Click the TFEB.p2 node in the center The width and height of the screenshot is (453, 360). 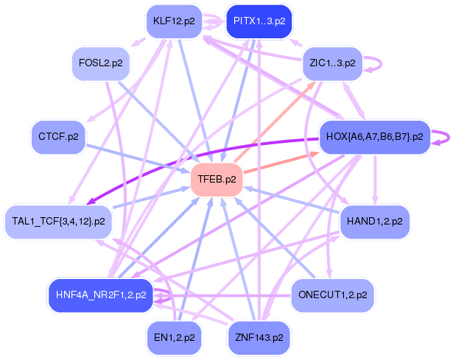[217, 179]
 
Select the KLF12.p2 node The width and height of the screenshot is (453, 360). [174, 21]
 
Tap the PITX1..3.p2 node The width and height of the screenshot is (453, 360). [259, 21]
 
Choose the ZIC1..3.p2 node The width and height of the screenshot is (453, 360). [331, 63]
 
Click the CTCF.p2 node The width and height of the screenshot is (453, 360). [58, 136]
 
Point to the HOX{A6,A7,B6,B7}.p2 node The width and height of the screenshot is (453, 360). [373, 136]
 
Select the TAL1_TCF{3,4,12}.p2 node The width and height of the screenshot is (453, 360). [58, 220]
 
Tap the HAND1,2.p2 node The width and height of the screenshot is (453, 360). [373, 220]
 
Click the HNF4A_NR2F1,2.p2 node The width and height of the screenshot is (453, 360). [101, 295]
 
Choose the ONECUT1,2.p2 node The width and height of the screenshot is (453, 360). [333, 295]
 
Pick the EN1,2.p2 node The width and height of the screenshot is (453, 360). [174, 337]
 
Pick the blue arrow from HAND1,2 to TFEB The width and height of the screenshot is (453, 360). [295, 200]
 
